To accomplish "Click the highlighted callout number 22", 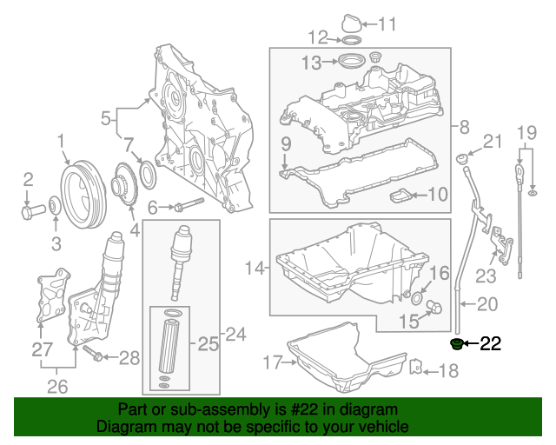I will tap(491, 344).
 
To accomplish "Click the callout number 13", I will tap(311, 62).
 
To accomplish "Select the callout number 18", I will tap(448, 373).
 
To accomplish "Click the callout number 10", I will tap(436, 195).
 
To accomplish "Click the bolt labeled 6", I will tap(188, 206).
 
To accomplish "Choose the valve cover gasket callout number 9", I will tap(284, 142).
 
